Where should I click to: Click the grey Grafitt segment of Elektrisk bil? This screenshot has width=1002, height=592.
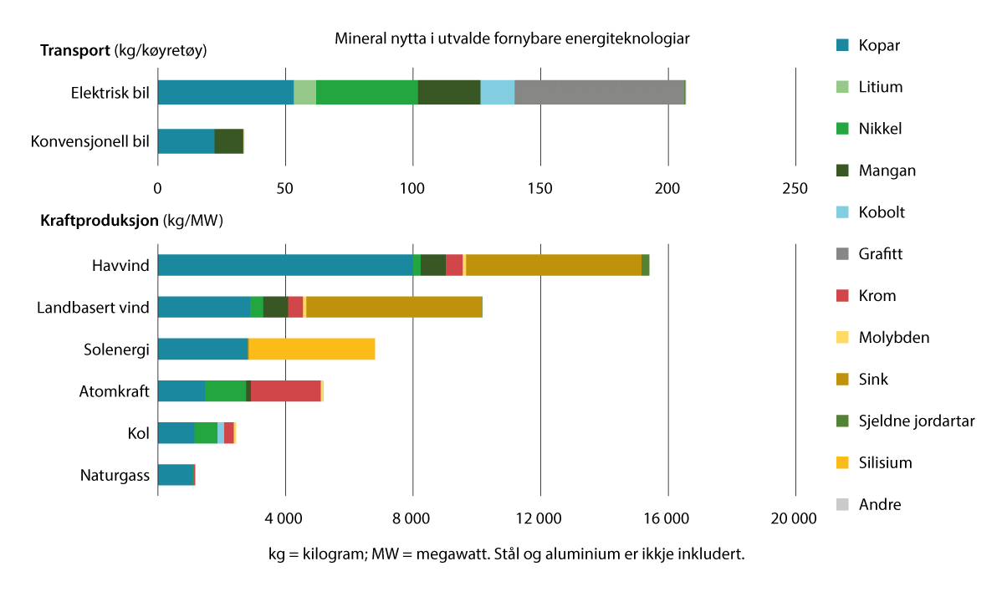tap(599, 93)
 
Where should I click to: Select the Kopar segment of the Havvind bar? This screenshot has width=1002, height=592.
tap(284, 265)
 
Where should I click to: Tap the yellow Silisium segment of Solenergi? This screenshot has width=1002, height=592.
tap(311, 349)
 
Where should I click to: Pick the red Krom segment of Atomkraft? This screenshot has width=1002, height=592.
tap(285, 390)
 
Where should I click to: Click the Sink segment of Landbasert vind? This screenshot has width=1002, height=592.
tap(394, 307)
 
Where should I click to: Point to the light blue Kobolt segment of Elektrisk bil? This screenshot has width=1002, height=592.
tap(497, 93)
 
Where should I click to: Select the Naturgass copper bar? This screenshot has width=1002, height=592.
tap(176, 475)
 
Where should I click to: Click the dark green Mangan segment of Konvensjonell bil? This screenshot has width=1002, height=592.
tap(228, 141)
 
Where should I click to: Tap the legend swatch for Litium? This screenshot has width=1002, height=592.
tap(843, 87)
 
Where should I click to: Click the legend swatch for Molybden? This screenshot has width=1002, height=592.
tap(843, 337)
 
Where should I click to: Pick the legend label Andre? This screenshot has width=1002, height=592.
tap(879, 504)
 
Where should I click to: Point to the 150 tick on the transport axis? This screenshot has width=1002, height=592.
tap(540, 188)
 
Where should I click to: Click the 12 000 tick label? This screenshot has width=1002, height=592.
tap(539, 519)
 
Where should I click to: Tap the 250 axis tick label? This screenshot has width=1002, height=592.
tap(795, 188)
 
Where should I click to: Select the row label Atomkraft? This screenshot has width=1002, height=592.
tap(114, 391)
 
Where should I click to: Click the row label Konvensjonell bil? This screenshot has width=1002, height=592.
tap(89, 141)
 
